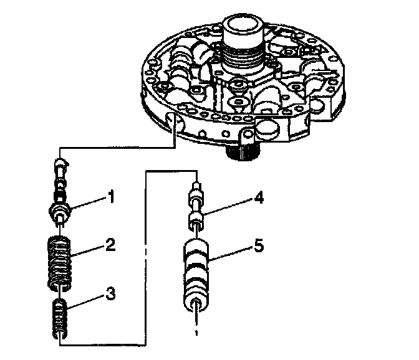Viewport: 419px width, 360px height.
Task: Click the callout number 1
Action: tap(111, 197)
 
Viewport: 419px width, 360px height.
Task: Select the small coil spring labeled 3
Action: tap(60, 317)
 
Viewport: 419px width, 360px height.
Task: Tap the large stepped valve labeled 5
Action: tap(198, 274)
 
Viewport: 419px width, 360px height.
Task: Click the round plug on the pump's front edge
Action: tap(268, 129)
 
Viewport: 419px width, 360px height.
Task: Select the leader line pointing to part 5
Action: tap(231, 252)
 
